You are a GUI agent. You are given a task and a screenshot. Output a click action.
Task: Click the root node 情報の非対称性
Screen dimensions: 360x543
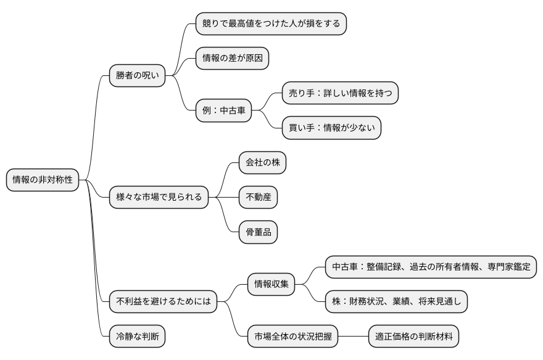[43, 180]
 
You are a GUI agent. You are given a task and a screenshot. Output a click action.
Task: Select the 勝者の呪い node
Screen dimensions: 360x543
[137, 76]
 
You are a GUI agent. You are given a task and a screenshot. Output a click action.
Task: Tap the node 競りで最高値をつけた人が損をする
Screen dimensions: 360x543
[270, 23]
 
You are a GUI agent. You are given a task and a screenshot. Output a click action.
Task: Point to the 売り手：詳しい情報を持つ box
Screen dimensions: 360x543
[339, 93]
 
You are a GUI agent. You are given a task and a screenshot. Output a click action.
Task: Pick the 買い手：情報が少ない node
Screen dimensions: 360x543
[331, 128]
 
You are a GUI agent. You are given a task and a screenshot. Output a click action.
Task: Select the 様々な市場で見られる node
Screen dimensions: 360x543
[159, 198]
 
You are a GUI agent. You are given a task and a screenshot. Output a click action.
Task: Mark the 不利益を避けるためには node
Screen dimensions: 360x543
[163, 302]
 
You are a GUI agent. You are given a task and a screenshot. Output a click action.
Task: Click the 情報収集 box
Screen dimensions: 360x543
[271, 285]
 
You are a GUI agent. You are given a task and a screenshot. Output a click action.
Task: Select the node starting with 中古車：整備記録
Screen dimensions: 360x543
[431, 267]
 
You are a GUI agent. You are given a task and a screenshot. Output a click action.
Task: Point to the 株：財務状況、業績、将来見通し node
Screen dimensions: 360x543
[396, 302]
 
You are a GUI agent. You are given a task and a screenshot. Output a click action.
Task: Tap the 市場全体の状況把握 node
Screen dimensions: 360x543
[292, 337]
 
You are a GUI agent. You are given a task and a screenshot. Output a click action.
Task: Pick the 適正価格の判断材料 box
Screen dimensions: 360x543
[413, 337]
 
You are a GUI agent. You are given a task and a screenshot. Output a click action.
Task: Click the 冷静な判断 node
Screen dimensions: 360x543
[137, 337]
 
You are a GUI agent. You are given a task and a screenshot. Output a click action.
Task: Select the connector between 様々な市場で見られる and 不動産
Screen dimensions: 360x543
[223, 198]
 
